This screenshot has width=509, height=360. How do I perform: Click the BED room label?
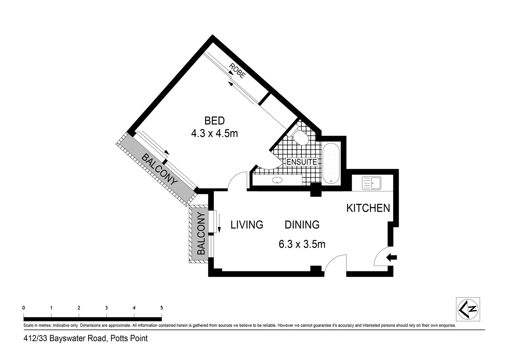(x=215, y=120)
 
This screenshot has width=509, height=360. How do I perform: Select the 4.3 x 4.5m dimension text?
(x=215, y=134)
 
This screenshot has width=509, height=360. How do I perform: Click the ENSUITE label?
(x=302, y=162)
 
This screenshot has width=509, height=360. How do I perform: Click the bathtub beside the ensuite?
(x=331, y=164)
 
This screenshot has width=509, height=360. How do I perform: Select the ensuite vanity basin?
(x=277, y=181)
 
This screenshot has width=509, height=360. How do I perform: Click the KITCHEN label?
(x=368, y=208)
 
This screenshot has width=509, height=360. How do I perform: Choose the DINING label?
(x=302, y=225)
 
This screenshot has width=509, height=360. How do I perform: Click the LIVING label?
(x=247, y=225)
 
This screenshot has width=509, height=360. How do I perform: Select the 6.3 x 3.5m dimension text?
(x=302, y=244)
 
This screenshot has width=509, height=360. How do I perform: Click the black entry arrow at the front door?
(x=392, y=257)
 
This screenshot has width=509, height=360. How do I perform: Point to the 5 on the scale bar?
(x=162, y=308)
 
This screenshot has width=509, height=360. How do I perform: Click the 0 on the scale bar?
(x=24, y=308)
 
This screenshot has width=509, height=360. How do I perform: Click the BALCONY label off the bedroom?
(x=159, y=169)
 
